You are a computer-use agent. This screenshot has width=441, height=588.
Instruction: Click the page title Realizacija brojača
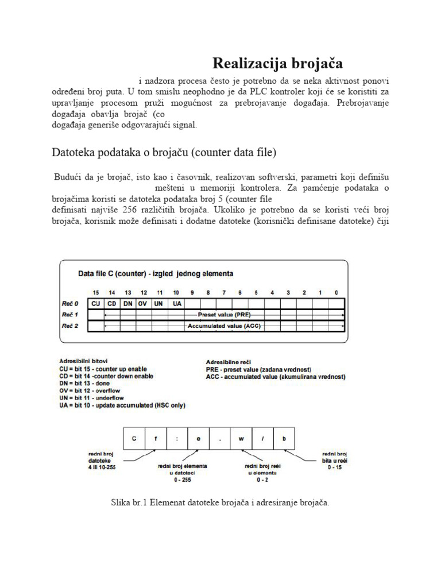point(277,63)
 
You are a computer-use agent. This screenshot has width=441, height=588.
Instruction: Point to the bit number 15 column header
point(95,292)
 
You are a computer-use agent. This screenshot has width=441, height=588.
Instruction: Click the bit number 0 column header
point(336,292)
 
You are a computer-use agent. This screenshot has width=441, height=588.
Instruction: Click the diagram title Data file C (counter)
point(156,273)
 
